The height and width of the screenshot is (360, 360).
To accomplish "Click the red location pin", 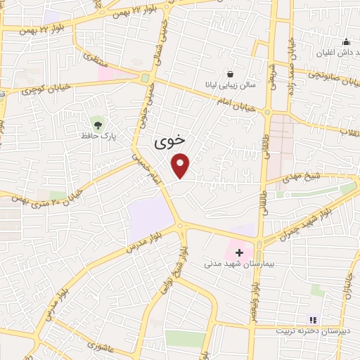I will tap(181, 165).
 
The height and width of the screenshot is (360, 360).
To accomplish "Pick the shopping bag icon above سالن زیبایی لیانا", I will tap(230, 74).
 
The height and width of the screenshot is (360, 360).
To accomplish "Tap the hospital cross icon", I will tap(239, 252).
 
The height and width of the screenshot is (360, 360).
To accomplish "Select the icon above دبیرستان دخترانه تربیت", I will tap(314, 321).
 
